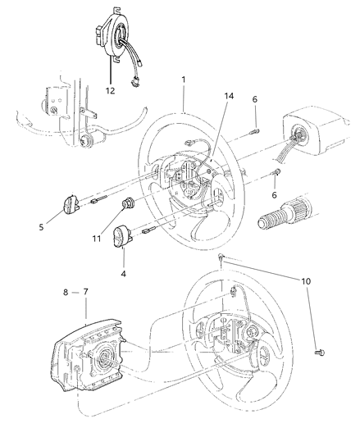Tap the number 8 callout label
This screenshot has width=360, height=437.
pos(66,291)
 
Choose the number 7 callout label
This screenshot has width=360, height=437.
pos(86,291)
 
